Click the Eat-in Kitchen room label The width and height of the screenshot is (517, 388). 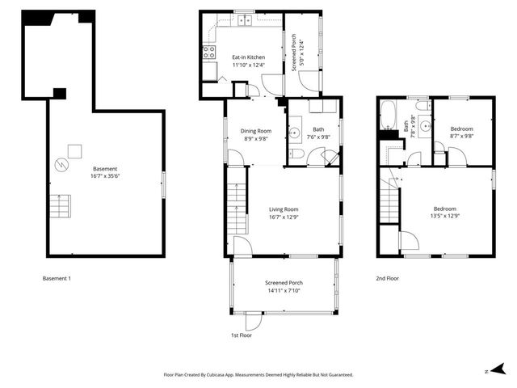click(x=249, y=57)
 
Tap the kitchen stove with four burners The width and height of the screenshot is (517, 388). click(x=208, y=53)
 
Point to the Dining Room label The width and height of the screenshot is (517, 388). click(x=257, y=131)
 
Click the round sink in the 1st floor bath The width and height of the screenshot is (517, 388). click(x=294, y=132)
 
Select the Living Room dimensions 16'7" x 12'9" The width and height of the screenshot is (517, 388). click(x=284, y=217)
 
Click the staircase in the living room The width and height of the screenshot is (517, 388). click(x=236, y=207)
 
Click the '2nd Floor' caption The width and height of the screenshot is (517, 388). click(x=388, y=278)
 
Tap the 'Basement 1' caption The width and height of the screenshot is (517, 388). click(x=57, y=278)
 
